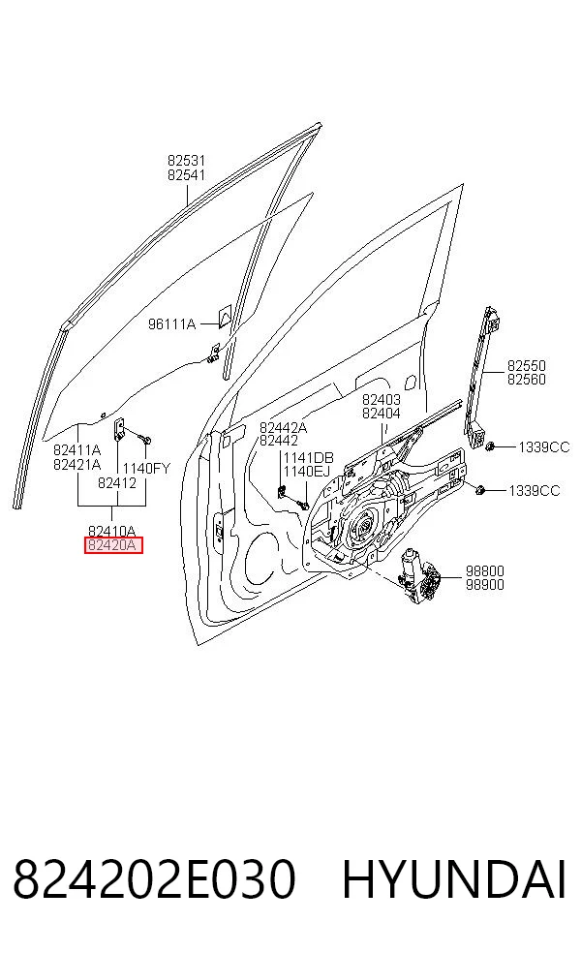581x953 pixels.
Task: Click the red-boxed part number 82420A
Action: click(x=112, y=545)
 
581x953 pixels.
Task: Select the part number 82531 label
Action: click(x=187, y=161)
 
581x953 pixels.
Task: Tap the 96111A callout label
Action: click(x=172, y=323)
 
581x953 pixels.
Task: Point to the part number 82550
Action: click(x=527, y=366)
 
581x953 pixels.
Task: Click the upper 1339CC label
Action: click(x=544, y=447)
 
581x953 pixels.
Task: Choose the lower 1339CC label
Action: click(x=535, y=490)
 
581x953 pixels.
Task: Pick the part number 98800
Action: click(x=485, y=570)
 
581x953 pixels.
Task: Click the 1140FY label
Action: click(x=146, y=469)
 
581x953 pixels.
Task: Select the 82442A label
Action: click(x=283, y=427)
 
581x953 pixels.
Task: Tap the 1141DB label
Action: click(x=308, y=458)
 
